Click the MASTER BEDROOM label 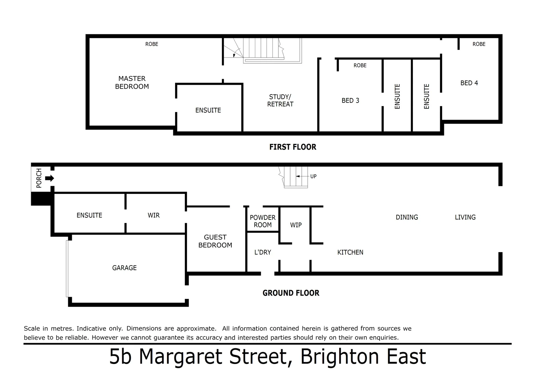coord(132,83)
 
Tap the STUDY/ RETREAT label coord(280,100)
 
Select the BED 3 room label coord(350,101)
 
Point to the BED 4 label coord(469,83)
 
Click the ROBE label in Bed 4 coord(479,44)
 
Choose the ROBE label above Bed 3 coord(360,65)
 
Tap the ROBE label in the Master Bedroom coord(152,44)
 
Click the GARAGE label coord(124,268)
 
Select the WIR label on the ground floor coord(153,215)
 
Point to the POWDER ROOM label coord(263,221)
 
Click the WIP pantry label coord(296,225)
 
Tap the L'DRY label coord(263,252)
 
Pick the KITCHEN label coord(350,252)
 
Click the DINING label coord(407,217)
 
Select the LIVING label coord(465,217)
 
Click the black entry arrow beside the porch coord(50,178)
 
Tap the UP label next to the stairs coord(313,176)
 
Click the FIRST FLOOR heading coord(293,147)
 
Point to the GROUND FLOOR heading coord(291,293)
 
